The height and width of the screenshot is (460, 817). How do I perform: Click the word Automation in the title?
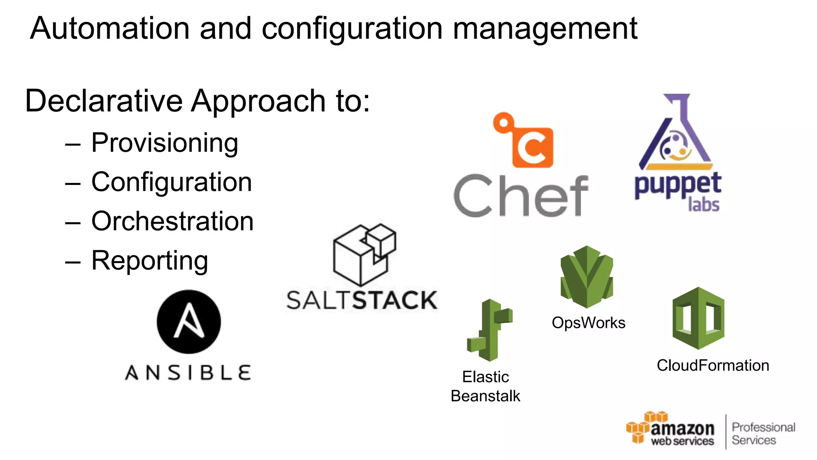[110, 28]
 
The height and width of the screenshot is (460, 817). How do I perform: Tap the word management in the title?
[545, 29]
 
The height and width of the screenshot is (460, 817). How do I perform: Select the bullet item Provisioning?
[164, 143]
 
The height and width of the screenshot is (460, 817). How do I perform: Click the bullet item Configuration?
[172, 182]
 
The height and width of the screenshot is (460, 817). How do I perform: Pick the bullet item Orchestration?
[172, 221]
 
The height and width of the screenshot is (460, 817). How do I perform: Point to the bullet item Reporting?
[150, 261]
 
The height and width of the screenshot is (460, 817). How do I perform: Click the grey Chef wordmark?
[521, 196]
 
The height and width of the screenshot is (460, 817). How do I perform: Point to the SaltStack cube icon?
[364, 254]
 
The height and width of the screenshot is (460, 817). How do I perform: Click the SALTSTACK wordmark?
[362, 300]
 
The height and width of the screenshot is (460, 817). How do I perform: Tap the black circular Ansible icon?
[189, 322]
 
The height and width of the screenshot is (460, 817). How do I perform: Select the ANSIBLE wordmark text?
[188, 373]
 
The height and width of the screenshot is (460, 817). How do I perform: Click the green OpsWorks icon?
[586, 276]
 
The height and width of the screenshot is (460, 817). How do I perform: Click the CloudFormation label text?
[713, 365]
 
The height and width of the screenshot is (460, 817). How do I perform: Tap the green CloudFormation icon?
[698, 318]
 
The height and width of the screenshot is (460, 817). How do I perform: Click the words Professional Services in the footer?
[763, 433]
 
